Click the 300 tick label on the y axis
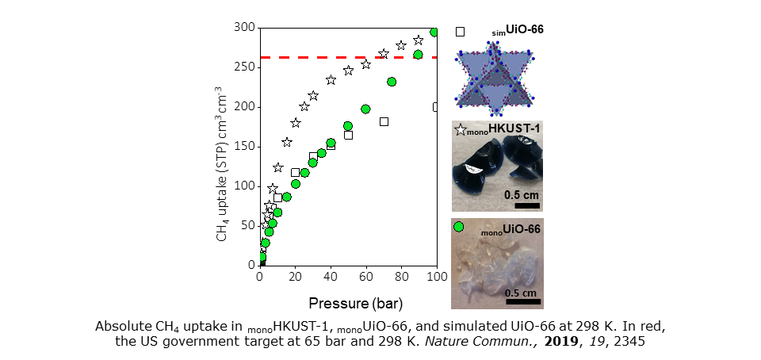(244, 29)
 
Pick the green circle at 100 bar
(434, 33)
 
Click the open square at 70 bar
(384, 121)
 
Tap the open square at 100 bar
(436, 106)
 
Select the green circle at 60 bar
(365, 109)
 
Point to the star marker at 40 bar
(331, 80)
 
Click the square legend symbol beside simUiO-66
(460, 32)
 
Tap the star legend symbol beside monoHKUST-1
(459, 129)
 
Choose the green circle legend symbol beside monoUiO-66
(458, 227)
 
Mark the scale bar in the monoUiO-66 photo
(522, 301)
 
